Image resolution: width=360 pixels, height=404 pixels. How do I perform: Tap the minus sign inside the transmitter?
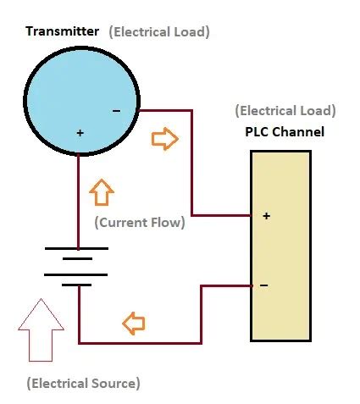click(x=116, y=110)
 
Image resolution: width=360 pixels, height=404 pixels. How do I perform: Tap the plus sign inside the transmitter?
click(x=80, y=133)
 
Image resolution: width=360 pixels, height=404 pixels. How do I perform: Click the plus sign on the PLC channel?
click(x=266, y=216)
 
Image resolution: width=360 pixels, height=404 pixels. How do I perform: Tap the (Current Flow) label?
click(x=139, y=224)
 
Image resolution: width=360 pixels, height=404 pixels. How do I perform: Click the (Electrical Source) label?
click(x=82, y=383)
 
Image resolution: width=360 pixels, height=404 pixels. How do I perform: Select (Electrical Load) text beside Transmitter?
click(x=158, y=31)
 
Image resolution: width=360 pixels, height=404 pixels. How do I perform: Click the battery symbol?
click(x=78, y=267)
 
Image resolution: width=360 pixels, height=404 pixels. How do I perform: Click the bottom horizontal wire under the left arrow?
click(x=140, y=342)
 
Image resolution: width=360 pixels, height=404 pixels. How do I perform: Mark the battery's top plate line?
click(x=78, y=250)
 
